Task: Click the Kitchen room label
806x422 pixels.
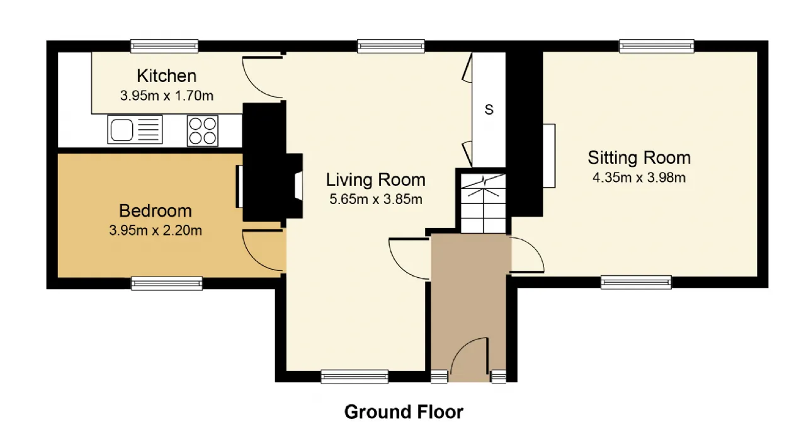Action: (167, 76)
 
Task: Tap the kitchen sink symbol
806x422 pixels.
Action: (135, 130)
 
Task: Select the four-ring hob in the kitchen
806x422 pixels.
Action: (203, 131)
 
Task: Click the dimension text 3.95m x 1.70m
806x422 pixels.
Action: (167, 96)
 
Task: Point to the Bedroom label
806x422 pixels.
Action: (155, 211)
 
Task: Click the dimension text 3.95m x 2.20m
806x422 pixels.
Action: (156, 231)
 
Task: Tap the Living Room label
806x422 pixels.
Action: (376, 180)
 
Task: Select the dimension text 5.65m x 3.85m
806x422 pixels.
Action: (376, 199)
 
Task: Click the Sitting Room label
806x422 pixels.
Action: (639, 157)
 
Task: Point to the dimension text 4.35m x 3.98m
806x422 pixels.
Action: (639, 178)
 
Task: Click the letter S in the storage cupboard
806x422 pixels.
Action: (489, 110)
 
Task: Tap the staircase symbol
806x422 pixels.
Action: (484, 204)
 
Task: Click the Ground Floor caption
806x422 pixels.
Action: (404, 412)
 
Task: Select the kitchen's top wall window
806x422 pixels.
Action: (164, 46)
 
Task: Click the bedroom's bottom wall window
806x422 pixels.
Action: (167, 283)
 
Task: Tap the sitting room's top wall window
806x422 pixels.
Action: (657, 46)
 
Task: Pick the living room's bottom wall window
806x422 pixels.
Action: (355, 377)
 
